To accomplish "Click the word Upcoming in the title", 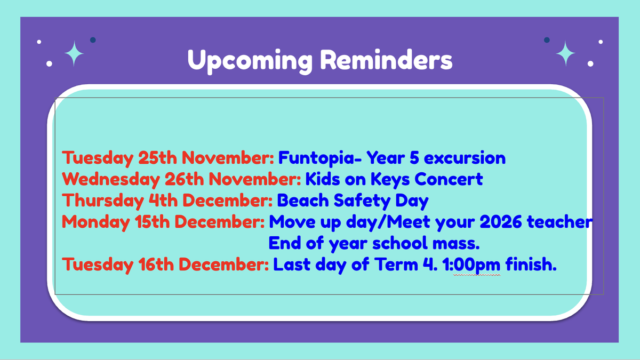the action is [250, 61].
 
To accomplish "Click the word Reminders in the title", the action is [386, 59].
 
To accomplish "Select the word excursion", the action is [465, 158].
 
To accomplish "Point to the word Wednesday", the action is [111, 180].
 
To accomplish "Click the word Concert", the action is [449, 179].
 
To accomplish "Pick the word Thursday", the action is [103, 201].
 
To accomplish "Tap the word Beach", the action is [303, 200].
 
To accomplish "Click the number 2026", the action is [501, 222].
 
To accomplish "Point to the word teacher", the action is [559, 222].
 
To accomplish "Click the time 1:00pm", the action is [471, 265].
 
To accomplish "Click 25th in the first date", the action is [158, 158].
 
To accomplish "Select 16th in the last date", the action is [156, 265].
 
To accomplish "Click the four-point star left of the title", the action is [74, 53].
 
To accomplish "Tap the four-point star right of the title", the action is [565, 53].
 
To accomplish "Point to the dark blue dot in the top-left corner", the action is [93, 40].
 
